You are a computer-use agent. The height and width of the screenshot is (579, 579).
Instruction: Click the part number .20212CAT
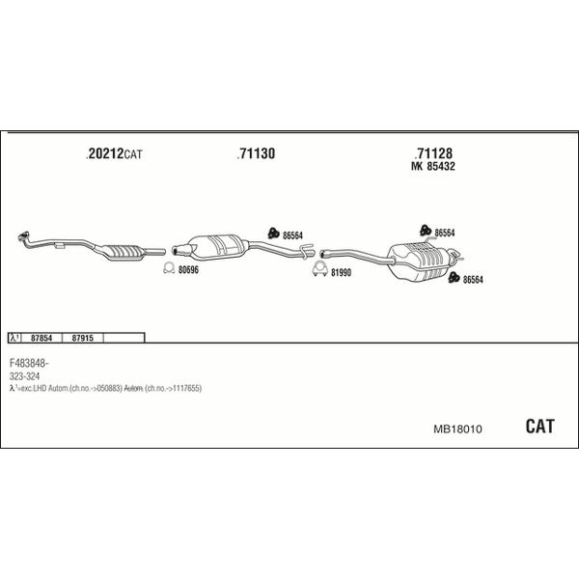click(x=114, y=153)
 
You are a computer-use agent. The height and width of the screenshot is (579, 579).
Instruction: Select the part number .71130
click(x=256, y=153)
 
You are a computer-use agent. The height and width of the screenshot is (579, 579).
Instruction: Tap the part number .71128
click(x=433, y=152)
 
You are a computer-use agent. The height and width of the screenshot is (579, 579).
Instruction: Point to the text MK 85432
click(x=432, y=166)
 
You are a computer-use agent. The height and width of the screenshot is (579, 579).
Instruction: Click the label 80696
click(x=188, y=270)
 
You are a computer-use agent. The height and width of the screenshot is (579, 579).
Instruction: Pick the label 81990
click(x=341, y=272)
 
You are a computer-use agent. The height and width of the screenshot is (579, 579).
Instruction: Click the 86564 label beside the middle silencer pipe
click(x=292, y=235)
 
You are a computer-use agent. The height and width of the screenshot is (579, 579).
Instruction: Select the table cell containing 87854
click(x=41, y=338)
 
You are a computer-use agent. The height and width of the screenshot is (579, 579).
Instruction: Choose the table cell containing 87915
click(x=82, y=338)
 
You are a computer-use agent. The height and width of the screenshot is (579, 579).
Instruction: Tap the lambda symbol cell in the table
click(x=14, y=338)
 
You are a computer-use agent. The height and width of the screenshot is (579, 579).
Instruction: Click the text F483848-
click(x=29, y=364)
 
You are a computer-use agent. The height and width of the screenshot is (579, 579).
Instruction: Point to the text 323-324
click(x=24, y=376)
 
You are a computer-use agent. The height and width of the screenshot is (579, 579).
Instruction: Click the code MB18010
click(x=457, y=429)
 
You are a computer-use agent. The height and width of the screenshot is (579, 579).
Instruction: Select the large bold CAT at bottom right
click(x=539, y=427)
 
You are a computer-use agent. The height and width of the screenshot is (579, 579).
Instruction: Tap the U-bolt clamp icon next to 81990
click(x=320, y=269)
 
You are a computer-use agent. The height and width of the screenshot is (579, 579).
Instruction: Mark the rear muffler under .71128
click(x=421, y=261)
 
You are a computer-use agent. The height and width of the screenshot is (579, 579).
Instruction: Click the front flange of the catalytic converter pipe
click(x=23, y=236)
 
